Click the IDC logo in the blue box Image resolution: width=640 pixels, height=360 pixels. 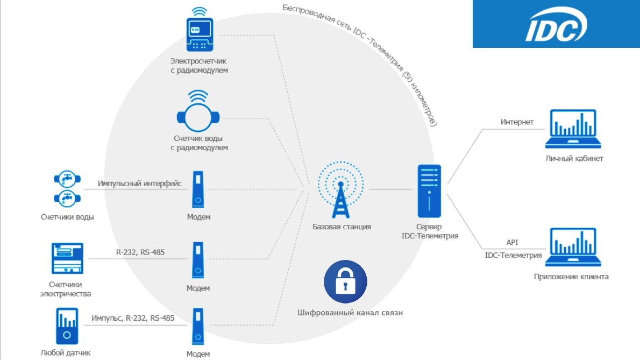coord(556,24)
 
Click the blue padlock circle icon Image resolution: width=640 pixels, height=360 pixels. coord(345,281)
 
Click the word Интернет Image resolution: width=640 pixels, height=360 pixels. coord(517,122)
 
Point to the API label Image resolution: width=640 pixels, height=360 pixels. coord(513,243)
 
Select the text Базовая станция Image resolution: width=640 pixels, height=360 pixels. coord(342,227)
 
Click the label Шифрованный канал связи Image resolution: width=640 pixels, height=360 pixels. coord(350,313)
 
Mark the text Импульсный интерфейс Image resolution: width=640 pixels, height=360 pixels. coord(140,183)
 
